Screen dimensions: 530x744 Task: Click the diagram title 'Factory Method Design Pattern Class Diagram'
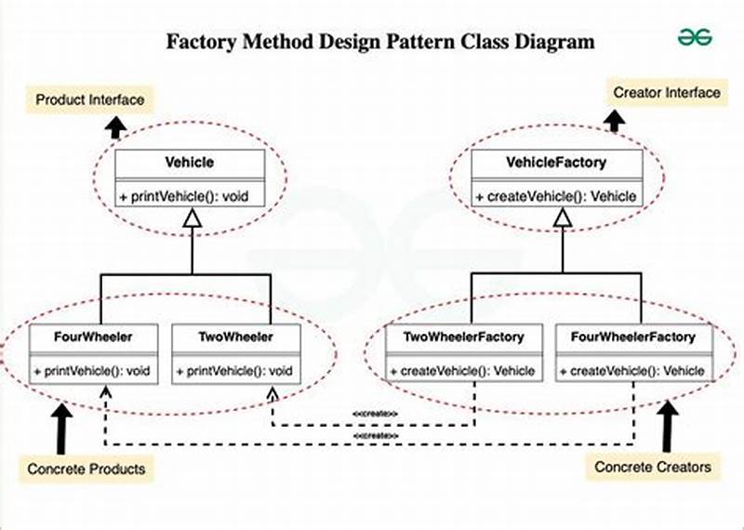coord(379,42)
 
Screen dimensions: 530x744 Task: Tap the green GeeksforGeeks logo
coord(695,36)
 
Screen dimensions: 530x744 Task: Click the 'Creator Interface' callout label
coord(666,93)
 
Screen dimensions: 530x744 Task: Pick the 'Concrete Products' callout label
coord(86,469)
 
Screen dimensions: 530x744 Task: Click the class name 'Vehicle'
coord(190,162)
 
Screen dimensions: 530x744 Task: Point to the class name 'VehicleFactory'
coord(556,163)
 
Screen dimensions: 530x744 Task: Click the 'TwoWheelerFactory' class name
coord(462,337)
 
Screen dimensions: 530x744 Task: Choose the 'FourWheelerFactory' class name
coord(632,337)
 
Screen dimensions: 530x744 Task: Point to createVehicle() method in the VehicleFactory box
coord(556,196)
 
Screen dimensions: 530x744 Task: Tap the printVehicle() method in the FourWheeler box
coord(93,371)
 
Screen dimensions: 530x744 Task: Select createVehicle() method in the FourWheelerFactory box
coord(632,371)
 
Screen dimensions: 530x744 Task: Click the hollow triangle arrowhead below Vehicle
coord(192,218)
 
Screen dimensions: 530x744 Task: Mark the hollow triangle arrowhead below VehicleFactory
coord(561,219)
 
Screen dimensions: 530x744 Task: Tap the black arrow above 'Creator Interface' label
coord(615,121)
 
